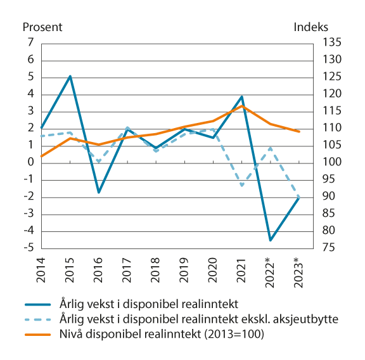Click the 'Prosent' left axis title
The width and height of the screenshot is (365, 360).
point(42,27)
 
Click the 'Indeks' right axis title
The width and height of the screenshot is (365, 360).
point(311,27)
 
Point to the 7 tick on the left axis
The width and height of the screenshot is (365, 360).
point(30,43)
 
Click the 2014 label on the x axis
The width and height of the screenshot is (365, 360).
point(41,269)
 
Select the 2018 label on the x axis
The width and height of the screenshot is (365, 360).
point(155,269)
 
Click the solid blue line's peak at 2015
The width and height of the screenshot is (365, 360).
point(70,76)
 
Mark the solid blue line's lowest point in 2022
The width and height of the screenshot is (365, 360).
point(270,240)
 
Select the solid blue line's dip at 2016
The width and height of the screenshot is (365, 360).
point(98,192)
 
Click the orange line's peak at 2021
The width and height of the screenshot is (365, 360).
point(241,106)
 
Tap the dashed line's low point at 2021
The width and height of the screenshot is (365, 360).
point(241,185)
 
